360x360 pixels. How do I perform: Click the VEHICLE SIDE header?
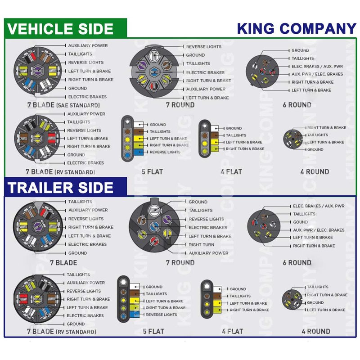(61, 29)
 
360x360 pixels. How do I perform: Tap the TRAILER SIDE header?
(61, 187)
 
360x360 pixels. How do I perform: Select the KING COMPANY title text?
(296, 28)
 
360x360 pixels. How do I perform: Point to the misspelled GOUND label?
(301, 222)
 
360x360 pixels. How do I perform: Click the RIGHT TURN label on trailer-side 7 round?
(201, 245)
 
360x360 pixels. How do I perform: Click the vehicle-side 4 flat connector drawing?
(204, 139)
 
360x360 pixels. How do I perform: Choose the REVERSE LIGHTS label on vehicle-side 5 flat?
(165, 152)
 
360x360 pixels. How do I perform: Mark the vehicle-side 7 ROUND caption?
(180, 105)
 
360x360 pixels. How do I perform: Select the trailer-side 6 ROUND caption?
(297, 262)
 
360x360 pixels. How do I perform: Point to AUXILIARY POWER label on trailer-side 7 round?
(208, 253)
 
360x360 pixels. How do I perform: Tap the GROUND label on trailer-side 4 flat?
(238, 289)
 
